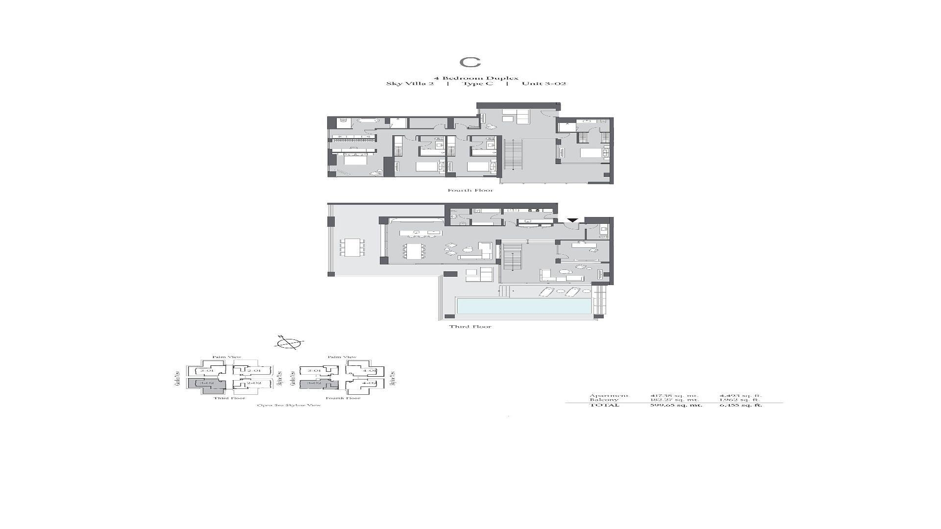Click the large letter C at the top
470,62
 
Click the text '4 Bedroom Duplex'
476,78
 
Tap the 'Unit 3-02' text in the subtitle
544,84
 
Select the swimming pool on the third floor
524,306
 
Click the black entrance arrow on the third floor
572,220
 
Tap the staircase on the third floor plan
511,256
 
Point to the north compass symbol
289,343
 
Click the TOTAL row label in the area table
604,405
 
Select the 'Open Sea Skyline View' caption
289,405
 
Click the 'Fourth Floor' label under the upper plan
470,190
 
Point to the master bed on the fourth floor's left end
355,159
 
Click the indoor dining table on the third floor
415,251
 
